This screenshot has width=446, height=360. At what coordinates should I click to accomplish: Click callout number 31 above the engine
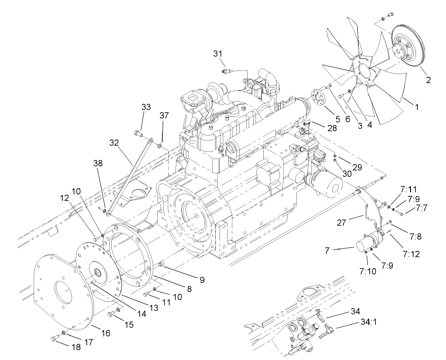(x=219, y=54)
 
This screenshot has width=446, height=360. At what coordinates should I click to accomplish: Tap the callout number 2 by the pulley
(x=428, y=80)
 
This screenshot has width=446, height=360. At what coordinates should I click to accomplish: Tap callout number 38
(x=99, y=163)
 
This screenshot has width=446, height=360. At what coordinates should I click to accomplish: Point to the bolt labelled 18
(x=54, y=338)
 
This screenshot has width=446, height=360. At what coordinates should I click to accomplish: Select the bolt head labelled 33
(x=137, y=133)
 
